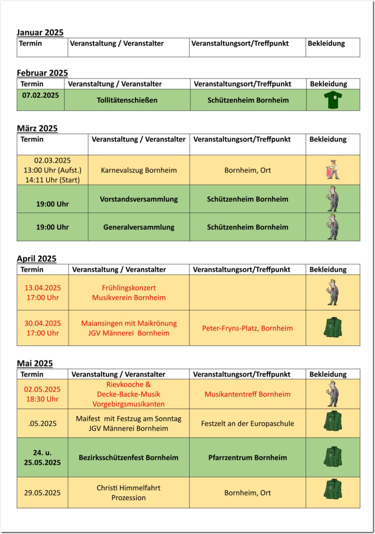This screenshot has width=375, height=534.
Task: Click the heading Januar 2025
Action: (x=40, y=33)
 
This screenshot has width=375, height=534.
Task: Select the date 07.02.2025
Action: (x=41, y=95)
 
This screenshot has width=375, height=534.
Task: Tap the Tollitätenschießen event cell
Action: (x=127, y=100)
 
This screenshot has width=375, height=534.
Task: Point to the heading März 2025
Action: (x=37, y=129)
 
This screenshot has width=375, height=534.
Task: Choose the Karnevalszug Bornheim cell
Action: (x=139, y=170)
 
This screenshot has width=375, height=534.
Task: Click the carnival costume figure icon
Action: (x=333, y=170)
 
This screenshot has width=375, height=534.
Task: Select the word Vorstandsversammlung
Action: (x=139, y=199)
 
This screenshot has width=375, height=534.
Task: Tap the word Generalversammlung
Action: (x=139, y=227)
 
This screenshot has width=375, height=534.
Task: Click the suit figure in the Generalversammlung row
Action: (x=333, y=227)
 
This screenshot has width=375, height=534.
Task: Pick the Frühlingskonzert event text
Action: (x=129, y=288)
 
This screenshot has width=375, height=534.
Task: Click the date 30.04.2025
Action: (x=43, y=323)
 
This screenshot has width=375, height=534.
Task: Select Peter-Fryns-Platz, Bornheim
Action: (x=248, y=328)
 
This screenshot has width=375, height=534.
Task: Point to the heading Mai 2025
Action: (x=35, y=364)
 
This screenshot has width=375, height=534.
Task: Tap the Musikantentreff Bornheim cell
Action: (x=248, y=394)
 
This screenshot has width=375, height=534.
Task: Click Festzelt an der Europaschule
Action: (x=248, y=424)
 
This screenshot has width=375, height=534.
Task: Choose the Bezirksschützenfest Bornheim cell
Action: (x=128, y=458)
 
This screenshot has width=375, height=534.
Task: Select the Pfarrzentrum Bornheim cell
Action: (x=248, y=458)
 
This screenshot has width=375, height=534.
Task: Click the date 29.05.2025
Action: (x=42, y=493)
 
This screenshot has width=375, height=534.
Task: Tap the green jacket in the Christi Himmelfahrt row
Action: (x=333, y=489)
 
